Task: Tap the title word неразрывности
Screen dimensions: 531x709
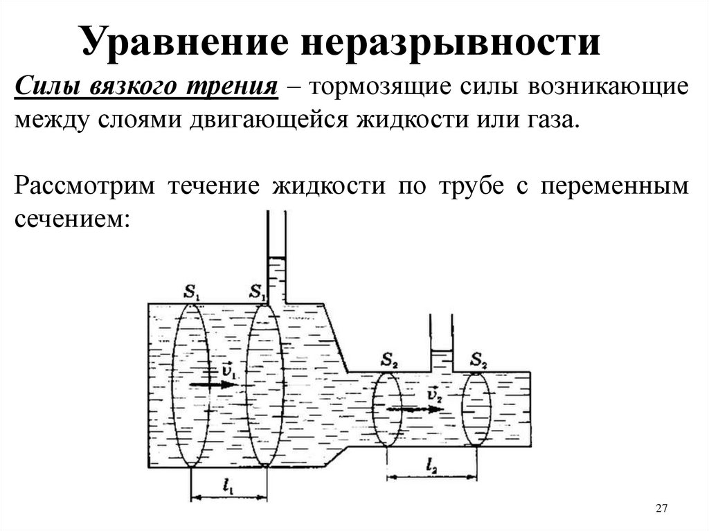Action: (x=450, y=41)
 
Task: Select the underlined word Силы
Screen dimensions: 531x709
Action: (x=48, y=89)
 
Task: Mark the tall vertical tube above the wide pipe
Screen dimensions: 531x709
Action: (x=276, y=256)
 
